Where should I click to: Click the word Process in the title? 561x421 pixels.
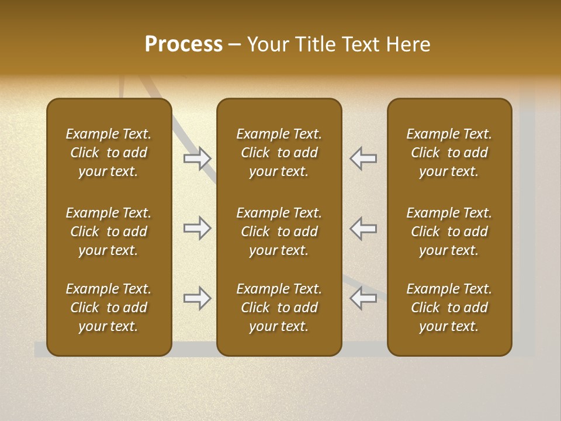[183, 44]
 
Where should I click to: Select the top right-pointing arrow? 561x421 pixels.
[197, 158]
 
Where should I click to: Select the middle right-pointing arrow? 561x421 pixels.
[197, 228]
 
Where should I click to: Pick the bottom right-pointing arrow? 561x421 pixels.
[197, 298]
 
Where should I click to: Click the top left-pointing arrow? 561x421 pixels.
[363, 158]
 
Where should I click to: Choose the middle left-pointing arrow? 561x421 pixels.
[363, 228]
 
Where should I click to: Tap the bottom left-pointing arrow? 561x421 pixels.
[363, 298]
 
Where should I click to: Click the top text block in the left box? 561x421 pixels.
[109, 153]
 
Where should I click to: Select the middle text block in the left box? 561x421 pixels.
[109, 232]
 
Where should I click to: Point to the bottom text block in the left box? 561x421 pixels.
[109, 308]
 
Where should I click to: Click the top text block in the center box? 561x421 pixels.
[279, 153]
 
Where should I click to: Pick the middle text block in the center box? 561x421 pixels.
[279, 232]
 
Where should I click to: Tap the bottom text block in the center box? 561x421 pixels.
[279, 308]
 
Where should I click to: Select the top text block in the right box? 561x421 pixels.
[449, 153]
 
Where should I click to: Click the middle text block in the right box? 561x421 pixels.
[449, 232]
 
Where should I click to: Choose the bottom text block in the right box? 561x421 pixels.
[449, 308]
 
